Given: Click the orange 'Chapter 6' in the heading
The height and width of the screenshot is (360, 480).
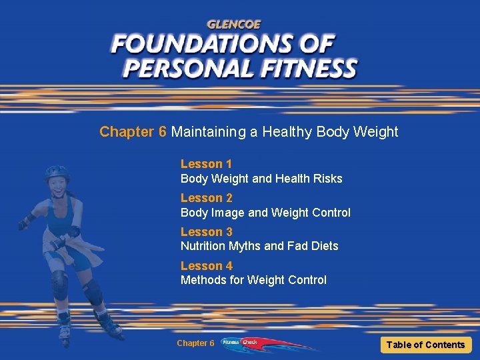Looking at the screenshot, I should (133, 132).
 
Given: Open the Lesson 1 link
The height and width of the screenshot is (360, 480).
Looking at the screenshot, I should (206, 164).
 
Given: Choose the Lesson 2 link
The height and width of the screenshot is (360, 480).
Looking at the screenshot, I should (206, 198).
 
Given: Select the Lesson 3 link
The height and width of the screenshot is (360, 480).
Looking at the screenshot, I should (206, 232).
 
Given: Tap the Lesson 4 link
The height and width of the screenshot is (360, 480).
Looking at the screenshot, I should (206, 266).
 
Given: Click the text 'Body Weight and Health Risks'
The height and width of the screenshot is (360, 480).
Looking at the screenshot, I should (261, 179).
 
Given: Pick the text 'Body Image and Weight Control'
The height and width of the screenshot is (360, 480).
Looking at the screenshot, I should (265, 213).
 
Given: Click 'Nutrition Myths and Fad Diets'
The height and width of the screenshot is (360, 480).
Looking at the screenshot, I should (259, 246).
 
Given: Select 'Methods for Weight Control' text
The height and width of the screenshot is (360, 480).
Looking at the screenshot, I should (253, 280).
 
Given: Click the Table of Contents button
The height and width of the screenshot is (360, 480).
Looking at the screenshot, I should (425, 345).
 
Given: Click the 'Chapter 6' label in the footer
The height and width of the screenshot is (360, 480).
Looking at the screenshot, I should (195, 343).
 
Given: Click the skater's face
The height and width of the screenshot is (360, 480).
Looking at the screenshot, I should (57, 187).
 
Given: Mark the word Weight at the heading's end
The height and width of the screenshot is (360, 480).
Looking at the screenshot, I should (375, 132).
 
